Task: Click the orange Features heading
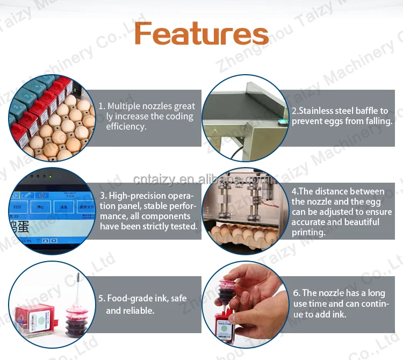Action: tap(201, 33)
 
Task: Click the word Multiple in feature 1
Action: tap(125, 106)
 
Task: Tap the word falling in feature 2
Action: tap(378, 121)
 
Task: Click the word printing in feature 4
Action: tap(308, 232)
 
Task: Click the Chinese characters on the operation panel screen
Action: tap(18, 225)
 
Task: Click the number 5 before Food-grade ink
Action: tap(100, 298)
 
